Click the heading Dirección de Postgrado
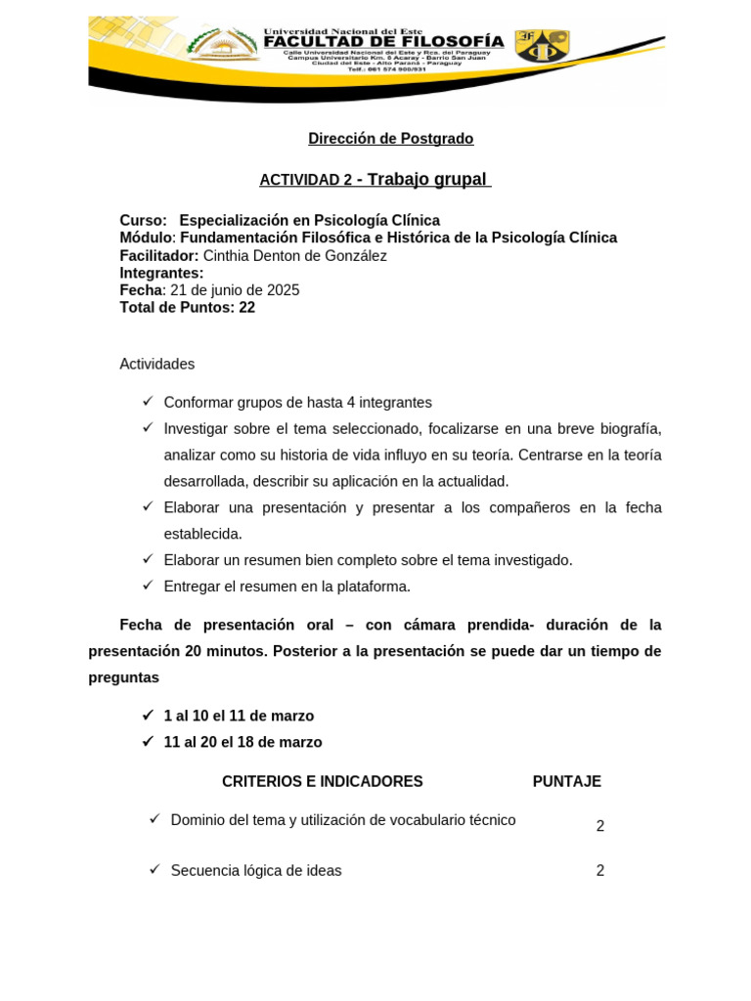click(x=390, y=139)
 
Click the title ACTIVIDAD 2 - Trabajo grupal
click(x=375, y=180)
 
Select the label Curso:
click(x=143, y=221)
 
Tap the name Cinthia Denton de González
click(x=294, y=256)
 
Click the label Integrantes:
click(x=161, y=274)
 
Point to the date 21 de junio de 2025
click(x=235, y=290)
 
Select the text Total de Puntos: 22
click(x=187, y=308)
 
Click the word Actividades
click(x=156, y=365)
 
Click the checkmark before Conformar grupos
click(x=148, y=402)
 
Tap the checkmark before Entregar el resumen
click(x=148, y=586)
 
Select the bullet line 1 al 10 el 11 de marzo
click(x=239, y=717)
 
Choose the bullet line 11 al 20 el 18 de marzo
click(x=243, y=743)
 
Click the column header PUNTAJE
click(x=566, y=782)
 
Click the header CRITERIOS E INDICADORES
click(x=322, y=782)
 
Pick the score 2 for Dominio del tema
click(x=600, y=827)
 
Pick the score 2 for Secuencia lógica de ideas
click(x=600, y=871)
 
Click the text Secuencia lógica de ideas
click(x=256, y=871)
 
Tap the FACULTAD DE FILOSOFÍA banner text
click(x=384, y=42)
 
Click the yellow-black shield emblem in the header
click(x=542, y=45)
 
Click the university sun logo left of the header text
click(x=223, y=44)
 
